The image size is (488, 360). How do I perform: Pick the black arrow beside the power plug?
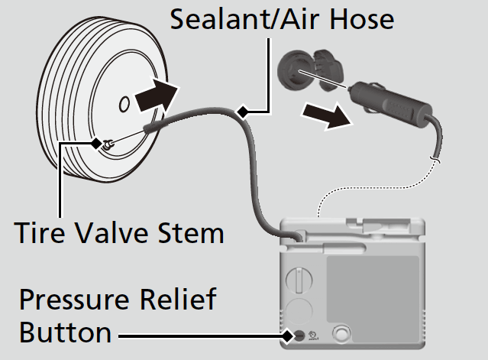(x=322, y=115)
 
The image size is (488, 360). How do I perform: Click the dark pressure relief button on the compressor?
(x=299, y=336)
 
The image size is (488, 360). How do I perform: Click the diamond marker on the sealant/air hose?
(x=243, y=113)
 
